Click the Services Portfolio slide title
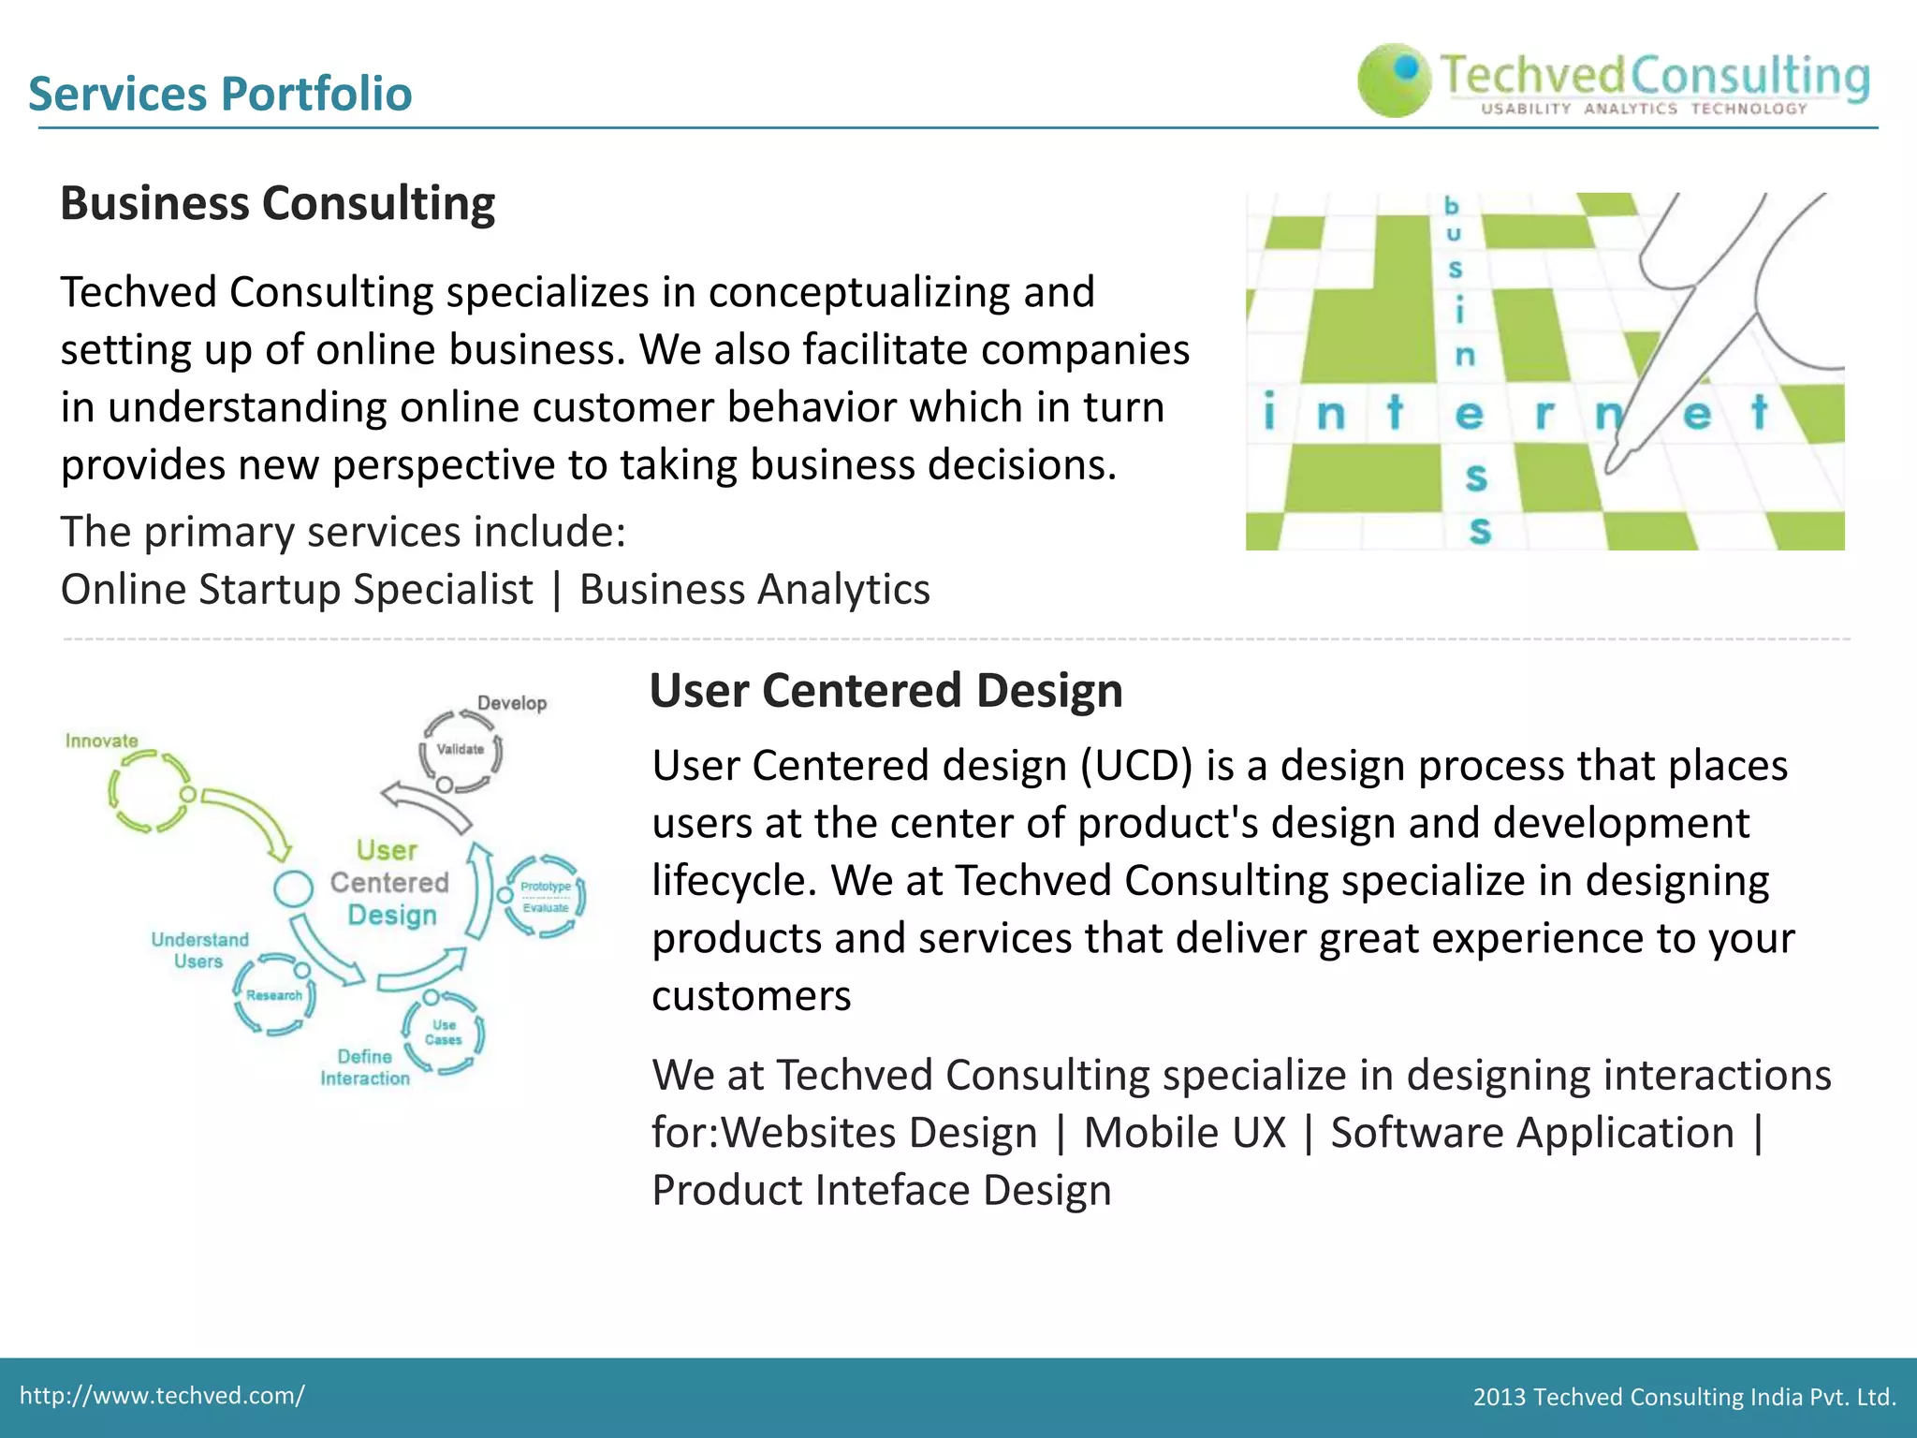220,94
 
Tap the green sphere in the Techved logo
1394,81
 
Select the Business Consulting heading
277,203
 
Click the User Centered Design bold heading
885,691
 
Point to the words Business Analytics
754,590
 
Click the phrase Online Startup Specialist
297,590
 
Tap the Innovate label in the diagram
101,741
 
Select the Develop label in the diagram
512,703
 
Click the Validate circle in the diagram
461,750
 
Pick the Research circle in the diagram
274,995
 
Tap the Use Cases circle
444,1033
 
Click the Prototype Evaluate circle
546,896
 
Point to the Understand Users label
199,950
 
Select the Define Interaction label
365,1067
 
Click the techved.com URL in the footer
162,1396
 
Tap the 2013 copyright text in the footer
1684,1398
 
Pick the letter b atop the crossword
1451,205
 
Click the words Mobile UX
1184,1133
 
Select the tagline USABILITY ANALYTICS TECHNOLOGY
1644,110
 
